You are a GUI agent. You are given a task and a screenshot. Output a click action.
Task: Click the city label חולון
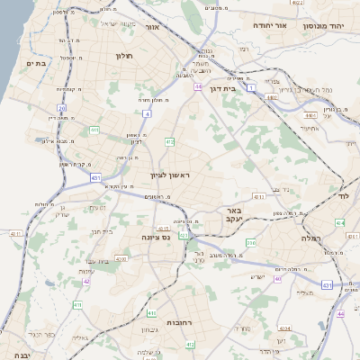click(x=124, y=55)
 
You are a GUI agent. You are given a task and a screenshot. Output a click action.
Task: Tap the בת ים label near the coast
click(x=36, y=63)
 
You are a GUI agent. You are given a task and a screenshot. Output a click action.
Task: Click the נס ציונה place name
click(x=157, y=237)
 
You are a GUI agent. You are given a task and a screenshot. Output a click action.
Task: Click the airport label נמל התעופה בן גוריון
click(x=306, y=89)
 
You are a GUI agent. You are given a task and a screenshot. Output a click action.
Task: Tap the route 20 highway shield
click(x=61, y=107)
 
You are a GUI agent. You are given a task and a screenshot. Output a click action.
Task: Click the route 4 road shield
click(x=147, y=114)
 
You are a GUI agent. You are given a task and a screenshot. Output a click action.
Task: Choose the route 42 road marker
click(x=86, y=281)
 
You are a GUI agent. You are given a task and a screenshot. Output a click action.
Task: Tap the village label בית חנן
click(x=102, y=231)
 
